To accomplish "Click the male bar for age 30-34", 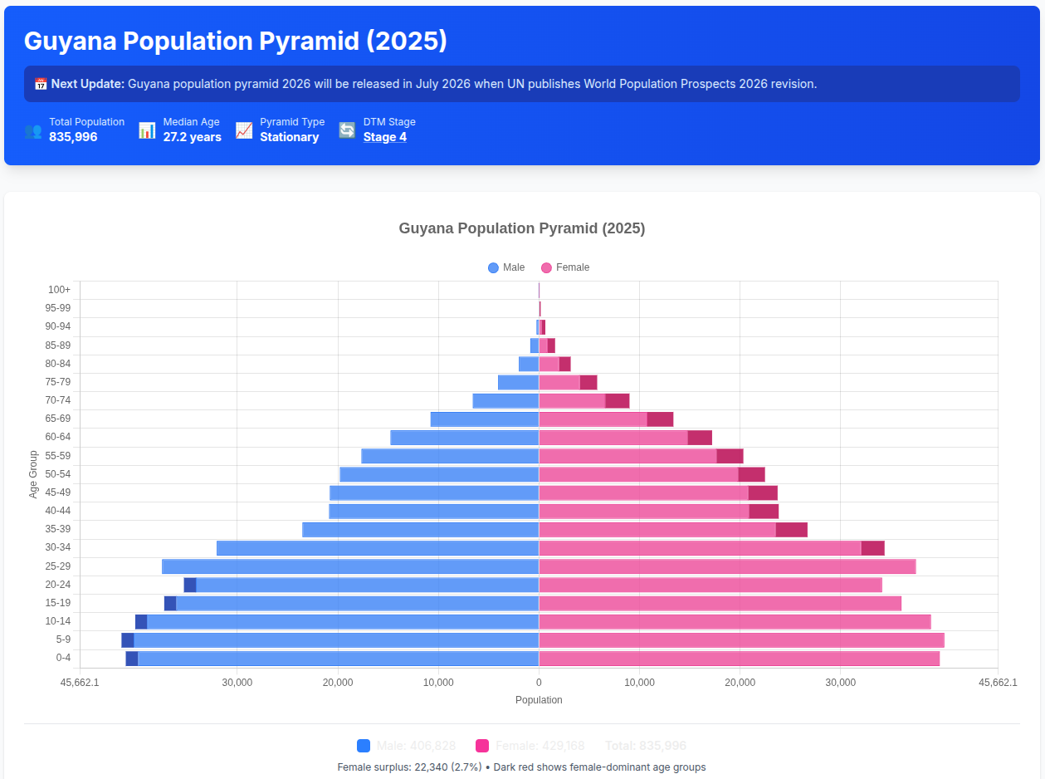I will coord(378,548).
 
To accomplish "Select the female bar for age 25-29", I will coord(727,566).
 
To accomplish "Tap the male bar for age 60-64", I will coord(465,438).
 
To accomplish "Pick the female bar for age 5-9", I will coord(741,640).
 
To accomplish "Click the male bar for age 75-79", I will coord(518,383).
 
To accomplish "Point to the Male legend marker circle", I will coord(494,267).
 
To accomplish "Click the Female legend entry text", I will coord(573,267).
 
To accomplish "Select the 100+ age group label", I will coord(59,290).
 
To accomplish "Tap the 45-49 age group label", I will coord(57,492).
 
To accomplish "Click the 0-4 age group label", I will coord(63,658).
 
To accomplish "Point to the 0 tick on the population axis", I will coord(539,683).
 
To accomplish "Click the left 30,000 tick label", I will coord(237,683).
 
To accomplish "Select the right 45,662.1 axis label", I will coord(998,683).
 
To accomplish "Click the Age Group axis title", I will coord(34,474).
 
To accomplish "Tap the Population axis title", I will coord(539,700).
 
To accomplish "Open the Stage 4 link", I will coord(384,137).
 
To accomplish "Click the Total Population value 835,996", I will coord(73,137).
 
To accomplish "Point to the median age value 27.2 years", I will coord(192,137).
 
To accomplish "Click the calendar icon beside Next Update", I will coord(41,84).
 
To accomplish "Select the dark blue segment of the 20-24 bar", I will coord(190,585).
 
